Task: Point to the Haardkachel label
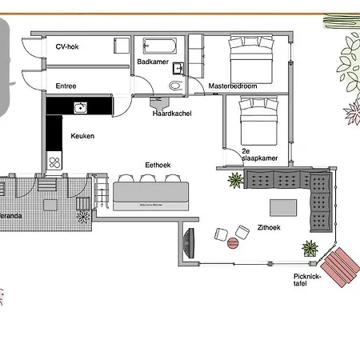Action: (172, 114)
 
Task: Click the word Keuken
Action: (82, 136)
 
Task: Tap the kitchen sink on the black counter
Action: (80, 106)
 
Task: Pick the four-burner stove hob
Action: (54, 162)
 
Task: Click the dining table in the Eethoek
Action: (151, 194)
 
